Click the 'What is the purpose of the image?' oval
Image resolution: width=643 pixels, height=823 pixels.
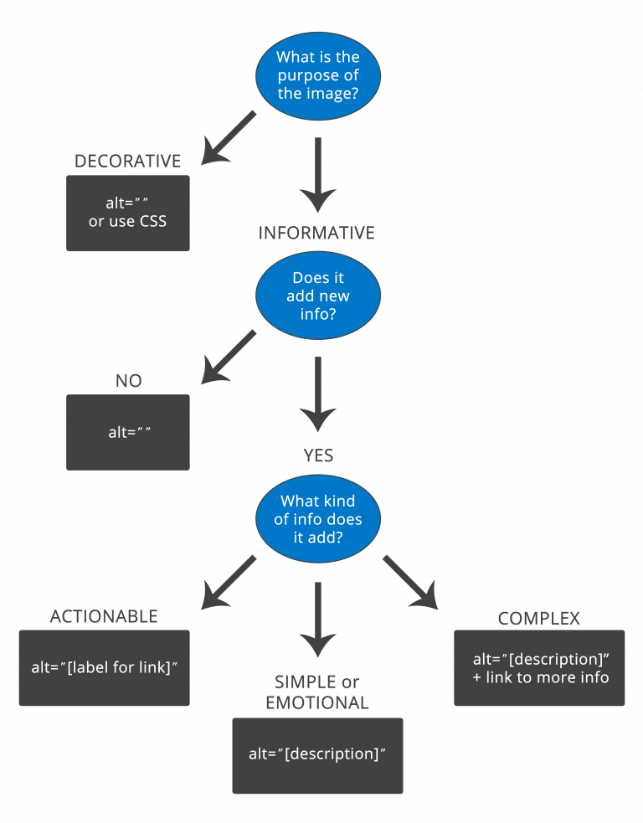coord(317,75)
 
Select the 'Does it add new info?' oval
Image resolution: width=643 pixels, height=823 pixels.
coord(317,296)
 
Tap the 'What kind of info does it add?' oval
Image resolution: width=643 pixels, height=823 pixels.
coord(317,519)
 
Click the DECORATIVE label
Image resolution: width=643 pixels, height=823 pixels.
coord(127,162)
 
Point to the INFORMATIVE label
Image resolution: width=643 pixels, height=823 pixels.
coord(316,233)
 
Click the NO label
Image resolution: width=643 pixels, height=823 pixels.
coord(128,381)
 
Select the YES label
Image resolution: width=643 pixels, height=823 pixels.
coord(317,455)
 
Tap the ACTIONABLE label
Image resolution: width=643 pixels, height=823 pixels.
coord(104,617)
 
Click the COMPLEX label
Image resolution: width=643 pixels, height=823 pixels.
coord(538,619)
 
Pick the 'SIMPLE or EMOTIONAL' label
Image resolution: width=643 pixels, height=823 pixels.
coord(317,692)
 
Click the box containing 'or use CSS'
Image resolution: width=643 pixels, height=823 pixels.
coord(128,213)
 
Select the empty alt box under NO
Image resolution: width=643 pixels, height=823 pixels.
coord(128,432)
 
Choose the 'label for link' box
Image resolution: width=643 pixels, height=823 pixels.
coord(104,667)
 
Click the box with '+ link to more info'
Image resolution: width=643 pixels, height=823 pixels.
coord(539,667)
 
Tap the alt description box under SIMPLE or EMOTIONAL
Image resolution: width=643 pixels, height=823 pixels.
coord(317,755)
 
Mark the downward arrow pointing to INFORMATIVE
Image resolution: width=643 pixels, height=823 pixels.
coord(317,176)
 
